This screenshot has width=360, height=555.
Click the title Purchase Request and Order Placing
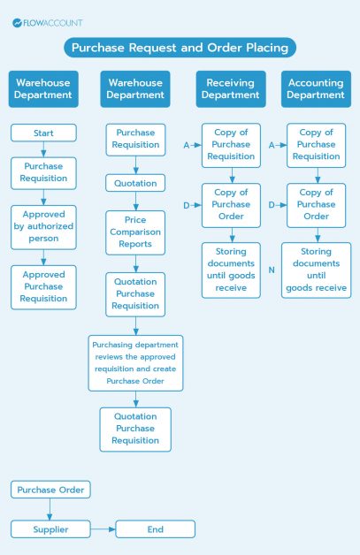[180, 48]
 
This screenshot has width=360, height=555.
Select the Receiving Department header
[230, 89]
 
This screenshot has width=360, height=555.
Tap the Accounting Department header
[316, 89]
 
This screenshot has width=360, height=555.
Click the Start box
[43, 133]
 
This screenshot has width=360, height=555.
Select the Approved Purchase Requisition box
[43, 286]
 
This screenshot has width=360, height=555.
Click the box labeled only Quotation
[135, 184]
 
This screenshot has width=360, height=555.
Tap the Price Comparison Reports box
[135, 232]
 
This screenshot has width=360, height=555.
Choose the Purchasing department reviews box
[135, 362]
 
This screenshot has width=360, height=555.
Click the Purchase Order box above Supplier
[50, 490]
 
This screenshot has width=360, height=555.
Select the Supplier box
[50, 529]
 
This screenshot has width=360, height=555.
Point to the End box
[155, 529]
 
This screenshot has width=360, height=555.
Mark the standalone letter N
[272, 268]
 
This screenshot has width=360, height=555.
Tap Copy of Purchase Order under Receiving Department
[230, 204]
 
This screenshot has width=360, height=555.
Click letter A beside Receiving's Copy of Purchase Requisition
[187, 144]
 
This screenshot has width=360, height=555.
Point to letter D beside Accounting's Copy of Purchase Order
[272, 205]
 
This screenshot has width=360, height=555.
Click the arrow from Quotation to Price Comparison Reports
[135, 201]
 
